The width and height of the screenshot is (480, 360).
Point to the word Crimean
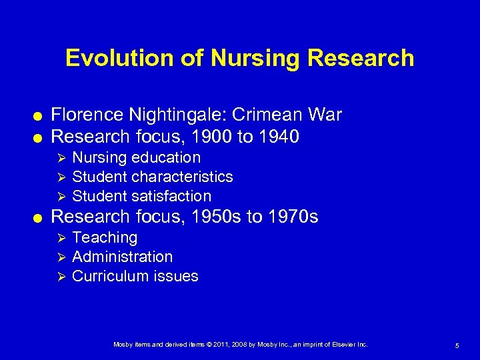point(271,115)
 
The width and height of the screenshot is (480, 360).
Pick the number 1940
point(278,137)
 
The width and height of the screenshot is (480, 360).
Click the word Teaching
point(105,238)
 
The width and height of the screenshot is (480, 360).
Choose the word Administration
point(122,257)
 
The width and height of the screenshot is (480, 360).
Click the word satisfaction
point(171,196)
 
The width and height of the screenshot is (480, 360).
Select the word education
point(166,157)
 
